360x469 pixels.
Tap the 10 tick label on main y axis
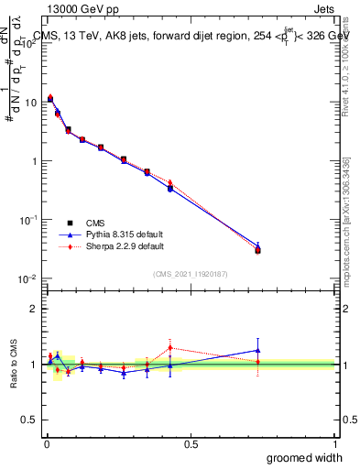tap(30, 103)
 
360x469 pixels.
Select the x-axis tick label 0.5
tap(191, 444)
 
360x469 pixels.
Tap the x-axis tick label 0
tap(46, 444)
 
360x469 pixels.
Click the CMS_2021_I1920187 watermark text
tap(191, 274)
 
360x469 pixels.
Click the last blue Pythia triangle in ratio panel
tap(257, 350)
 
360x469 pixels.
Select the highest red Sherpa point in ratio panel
tap(170, 347)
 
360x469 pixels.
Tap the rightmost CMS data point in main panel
tap(257, 250)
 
